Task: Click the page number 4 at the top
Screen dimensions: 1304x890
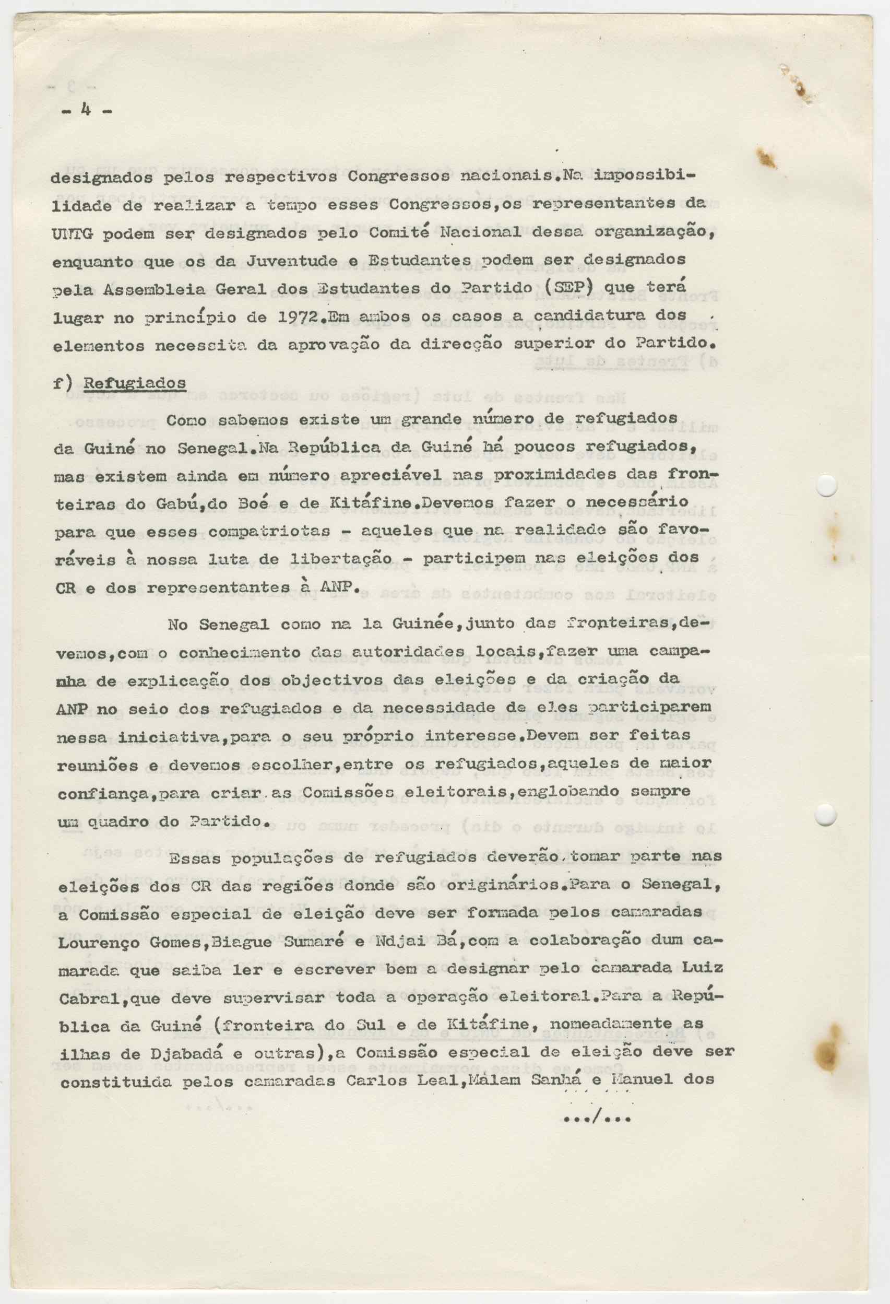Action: (86, 110)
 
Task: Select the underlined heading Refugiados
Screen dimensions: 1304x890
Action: (135, 383)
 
